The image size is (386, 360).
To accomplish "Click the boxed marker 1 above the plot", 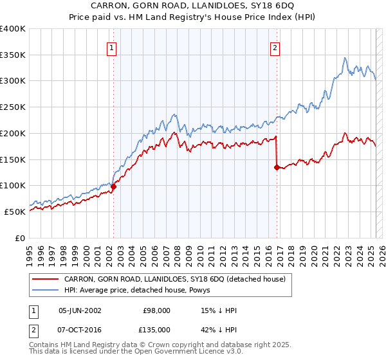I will pyautogui.click(x=112, y=47).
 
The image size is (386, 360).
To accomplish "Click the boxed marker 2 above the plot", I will pyautogui.click(x=275, y=47).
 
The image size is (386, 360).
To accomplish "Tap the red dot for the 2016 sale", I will pyautogui.click(x=277, y=167).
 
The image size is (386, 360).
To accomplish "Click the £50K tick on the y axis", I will pyautogui.click(x=15, y=212).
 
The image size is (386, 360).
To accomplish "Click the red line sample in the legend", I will pyautogui.click(x=45, y=279).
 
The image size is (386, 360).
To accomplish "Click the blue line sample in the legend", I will pyautogui.click(x=45, y=290).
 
